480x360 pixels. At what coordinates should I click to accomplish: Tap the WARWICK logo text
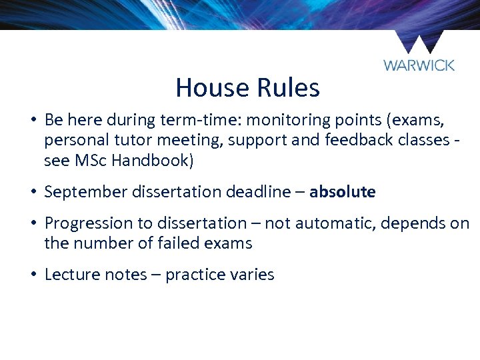(419, 65)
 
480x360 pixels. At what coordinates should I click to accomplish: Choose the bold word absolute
(342, 193)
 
